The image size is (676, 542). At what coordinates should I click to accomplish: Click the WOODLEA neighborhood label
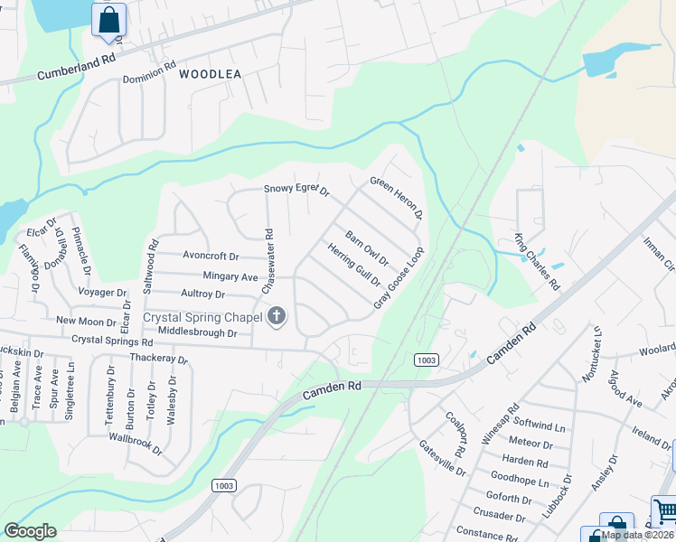(210, 74)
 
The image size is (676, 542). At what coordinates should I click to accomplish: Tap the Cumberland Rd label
(78, 67)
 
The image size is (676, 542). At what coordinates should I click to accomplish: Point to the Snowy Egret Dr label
(296, 190)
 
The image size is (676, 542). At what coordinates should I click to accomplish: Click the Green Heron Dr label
(396, 197)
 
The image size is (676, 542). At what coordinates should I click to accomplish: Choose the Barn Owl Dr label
(366, 248)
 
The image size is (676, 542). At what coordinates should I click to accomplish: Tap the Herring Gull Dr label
(353, 264)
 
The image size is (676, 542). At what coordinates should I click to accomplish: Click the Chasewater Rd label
(268, 260)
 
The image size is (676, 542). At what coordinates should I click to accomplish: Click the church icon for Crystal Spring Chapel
(276, 316)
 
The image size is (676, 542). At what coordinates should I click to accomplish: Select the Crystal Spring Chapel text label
(203, 317)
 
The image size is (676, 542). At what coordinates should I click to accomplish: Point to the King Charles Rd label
(537, 262)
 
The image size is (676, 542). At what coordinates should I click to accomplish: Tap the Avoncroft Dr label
(211, 257)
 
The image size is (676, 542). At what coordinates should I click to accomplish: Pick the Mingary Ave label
(230, 276)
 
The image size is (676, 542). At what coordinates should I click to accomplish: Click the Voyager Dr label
(103, 293)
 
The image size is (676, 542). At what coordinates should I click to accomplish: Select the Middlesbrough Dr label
(197, 333)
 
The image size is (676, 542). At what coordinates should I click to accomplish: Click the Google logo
(30, 531)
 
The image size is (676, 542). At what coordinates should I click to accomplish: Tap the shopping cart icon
(665, 511)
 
